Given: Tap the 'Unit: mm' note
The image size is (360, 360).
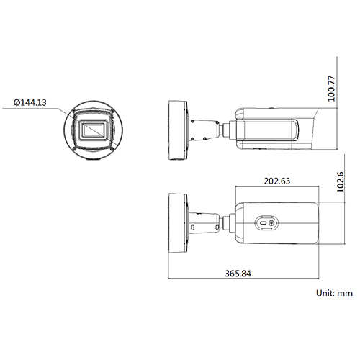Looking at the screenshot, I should (335, 294).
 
